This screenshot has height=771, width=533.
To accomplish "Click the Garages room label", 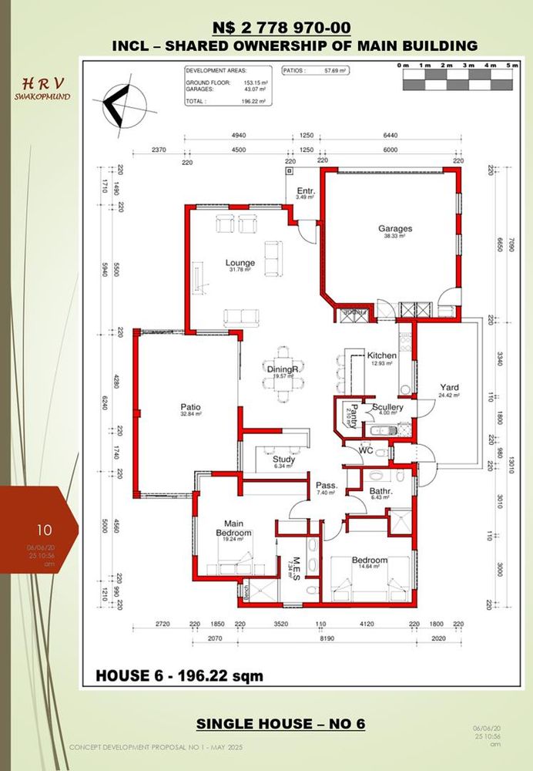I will pyautogui.click(x=394, y=229).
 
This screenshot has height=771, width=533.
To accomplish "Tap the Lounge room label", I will pyautogui.click(x=240, y=263).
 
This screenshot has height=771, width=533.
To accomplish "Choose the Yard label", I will pyautogui.click(x=449, y=387).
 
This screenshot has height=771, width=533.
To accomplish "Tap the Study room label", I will pyautogui.click(x=283, y=460).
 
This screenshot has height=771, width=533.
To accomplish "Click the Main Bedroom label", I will pyautogui.click(x=233, y=527).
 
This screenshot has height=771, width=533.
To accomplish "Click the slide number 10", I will pyautogui.click(x=44, y=530).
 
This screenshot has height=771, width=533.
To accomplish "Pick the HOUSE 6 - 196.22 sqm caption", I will pyautogui.click(x=179, y=676).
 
